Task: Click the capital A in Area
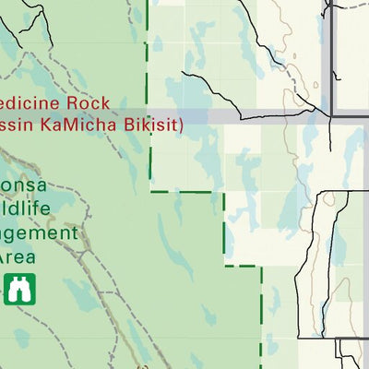(7, 256)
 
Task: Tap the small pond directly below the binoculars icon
(20, 339)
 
